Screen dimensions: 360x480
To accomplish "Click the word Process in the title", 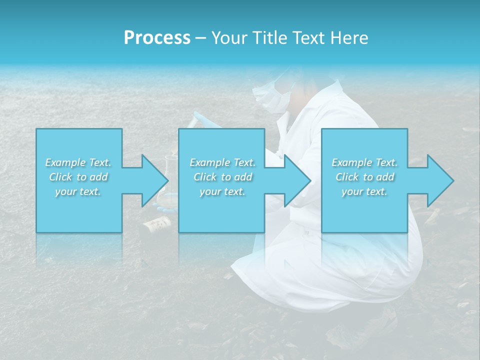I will tap(157, 38).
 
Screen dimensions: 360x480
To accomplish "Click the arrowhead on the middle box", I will tap(294, 180).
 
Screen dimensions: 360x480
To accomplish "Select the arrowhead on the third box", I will tap(437, 180).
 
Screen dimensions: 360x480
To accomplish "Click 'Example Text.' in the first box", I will tap(78, 162).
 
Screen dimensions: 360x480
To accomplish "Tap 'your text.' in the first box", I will tap(78, 191).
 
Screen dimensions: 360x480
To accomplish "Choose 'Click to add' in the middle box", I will tap(222, 177).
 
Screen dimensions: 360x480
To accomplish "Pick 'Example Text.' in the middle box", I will tap(222, 162).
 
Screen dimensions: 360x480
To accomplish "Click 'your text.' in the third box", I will tap(364, 191).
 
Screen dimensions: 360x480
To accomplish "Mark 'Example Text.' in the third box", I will tap(364, 162).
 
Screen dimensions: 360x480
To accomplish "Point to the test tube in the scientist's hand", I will tap(200, 118).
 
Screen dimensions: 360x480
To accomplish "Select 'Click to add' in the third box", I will tap(364, 177).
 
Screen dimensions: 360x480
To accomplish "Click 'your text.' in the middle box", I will tap(222, 191).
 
